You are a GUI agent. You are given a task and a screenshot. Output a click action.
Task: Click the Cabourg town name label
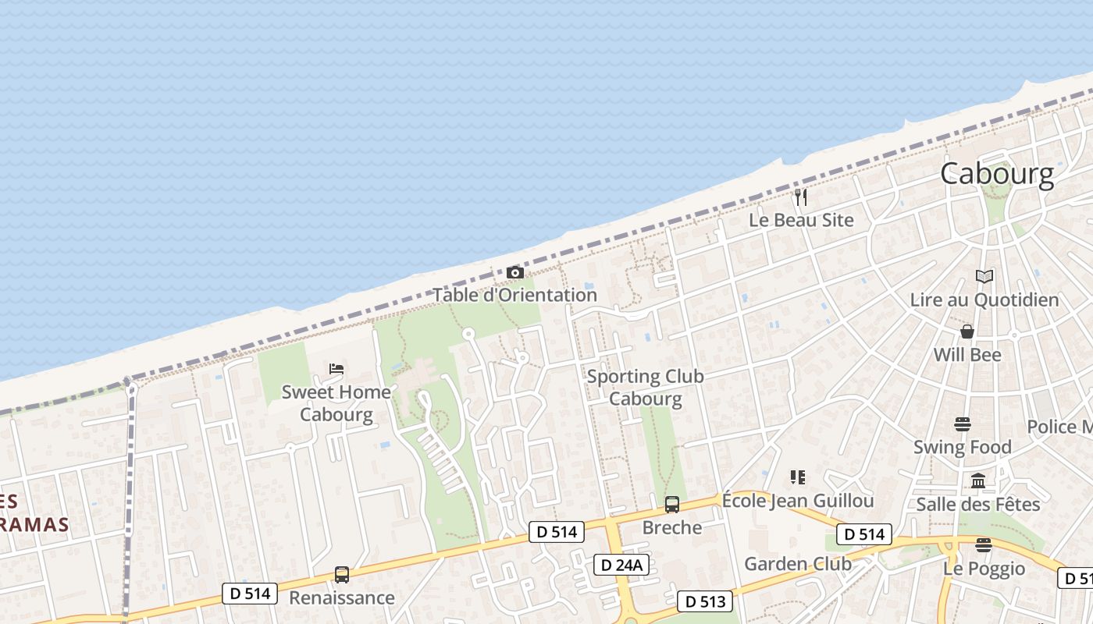coord(997,173)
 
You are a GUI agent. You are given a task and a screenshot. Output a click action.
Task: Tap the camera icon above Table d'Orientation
coord(515,272)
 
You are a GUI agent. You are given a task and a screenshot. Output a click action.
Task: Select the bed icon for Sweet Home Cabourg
coord(336,369)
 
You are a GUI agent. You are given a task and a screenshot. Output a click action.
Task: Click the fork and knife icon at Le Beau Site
coord(801,197)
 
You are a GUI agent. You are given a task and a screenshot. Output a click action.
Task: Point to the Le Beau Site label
coord(801,220)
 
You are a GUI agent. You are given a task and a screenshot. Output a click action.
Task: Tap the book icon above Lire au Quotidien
coord(984,276)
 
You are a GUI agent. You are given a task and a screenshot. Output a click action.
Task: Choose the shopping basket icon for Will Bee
coord(967,331)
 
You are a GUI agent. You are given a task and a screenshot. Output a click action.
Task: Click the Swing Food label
coord(962,447)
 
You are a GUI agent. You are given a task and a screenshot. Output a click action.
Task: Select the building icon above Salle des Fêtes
coord(978,480)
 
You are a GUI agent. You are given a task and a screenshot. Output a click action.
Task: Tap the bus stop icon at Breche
coord(672,505)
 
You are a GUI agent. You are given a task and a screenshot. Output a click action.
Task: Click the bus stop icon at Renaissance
coord(342,575)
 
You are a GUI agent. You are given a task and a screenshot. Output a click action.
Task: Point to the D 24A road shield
coord(621,565)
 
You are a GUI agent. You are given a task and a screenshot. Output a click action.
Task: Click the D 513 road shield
coord(704,601)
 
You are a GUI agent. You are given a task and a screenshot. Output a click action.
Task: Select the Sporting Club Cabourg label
coord(645,388)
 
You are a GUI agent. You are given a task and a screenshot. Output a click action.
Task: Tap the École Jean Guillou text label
coord(797,500)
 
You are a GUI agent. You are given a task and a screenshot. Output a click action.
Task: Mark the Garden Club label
coord(797,563)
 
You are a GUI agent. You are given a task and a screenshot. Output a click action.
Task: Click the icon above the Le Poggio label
coord(983,545)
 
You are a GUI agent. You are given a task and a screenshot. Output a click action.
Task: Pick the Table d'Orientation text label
coord(514,295)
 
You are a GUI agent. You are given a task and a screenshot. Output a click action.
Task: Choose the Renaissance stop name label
coord(341,597)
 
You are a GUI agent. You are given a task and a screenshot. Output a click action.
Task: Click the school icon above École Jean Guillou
coord(797,477)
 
